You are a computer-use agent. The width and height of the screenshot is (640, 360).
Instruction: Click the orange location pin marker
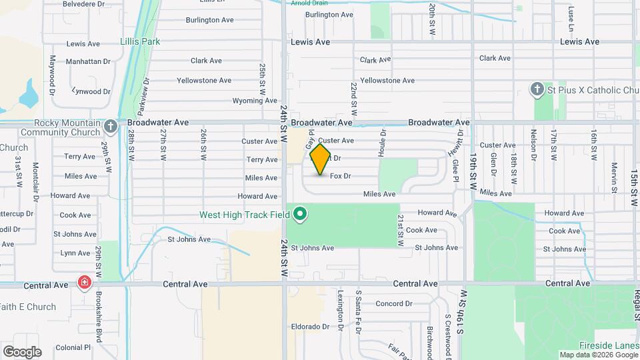pos(321,159)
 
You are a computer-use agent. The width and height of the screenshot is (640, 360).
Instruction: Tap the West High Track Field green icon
pos(301,214)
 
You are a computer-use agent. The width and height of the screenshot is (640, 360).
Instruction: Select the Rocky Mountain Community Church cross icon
pos(111,125)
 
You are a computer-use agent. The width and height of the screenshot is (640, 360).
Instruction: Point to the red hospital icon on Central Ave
pos(85,282)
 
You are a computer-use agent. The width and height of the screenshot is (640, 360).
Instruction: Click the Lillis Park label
pos(140,41)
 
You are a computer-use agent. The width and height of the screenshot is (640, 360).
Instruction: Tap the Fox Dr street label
pos(340,176)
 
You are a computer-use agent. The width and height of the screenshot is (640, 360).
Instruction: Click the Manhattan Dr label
pos(88,61)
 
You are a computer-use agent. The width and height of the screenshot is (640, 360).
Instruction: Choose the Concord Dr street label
pos(394,303)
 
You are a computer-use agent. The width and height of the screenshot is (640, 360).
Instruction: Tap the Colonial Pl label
pos(73,347)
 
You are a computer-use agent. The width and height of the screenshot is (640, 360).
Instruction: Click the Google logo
pos(22,351)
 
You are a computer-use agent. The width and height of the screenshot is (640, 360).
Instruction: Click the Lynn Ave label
pos(75,253)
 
